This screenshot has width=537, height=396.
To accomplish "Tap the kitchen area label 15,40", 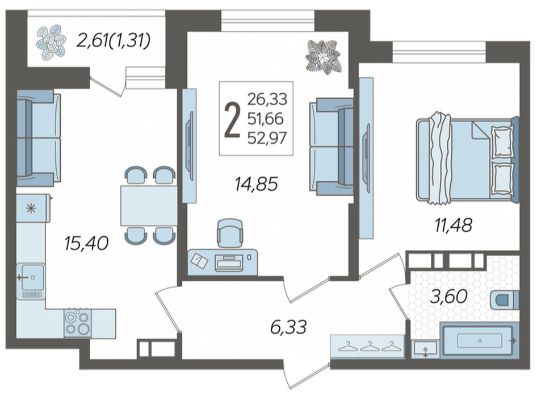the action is click(87, 243).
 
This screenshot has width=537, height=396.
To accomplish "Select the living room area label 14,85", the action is click(256, 184).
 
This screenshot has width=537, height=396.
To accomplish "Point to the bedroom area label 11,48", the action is click(454, 225).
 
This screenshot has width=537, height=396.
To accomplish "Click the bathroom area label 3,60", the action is click(449, 296).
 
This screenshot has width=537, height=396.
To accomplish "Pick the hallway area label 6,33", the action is click(288, 327).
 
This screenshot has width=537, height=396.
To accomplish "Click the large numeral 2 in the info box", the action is click(232, 120).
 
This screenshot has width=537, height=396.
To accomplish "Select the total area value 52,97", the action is click(267, 138).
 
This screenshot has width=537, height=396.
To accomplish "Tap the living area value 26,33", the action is click(267, 99).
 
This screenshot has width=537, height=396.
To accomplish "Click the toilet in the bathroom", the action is click(505, 300).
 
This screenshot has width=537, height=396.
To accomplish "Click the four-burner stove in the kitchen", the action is click(78, 323).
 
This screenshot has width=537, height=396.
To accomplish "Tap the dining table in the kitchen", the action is click(149, 205).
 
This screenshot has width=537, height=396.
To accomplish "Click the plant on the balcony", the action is click(51, 42).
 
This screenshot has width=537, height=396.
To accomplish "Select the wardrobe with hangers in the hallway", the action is click(367, 347).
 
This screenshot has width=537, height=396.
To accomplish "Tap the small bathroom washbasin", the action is click(425, 349).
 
